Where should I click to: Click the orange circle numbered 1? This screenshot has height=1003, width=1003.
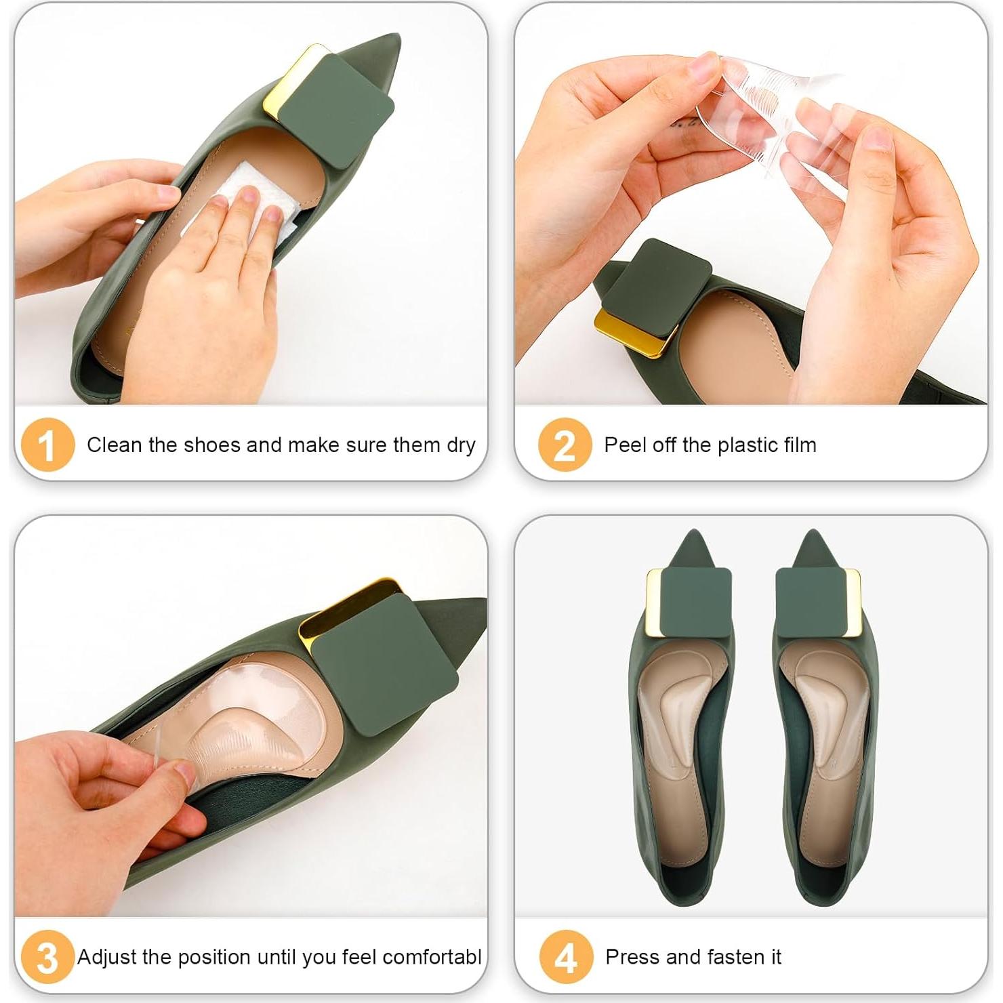pyautogui.click(x=47, y=445)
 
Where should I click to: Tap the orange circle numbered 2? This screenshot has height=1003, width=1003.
pyautogui.click(x=565, y=445)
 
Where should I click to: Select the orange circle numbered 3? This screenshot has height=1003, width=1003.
pyautogui.click(x=47, y=957)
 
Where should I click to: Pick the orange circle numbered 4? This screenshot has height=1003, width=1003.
pyautogui.click(x=566, y=957)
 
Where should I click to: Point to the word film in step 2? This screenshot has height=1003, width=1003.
pyautogui.click(x=800, y=445)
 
